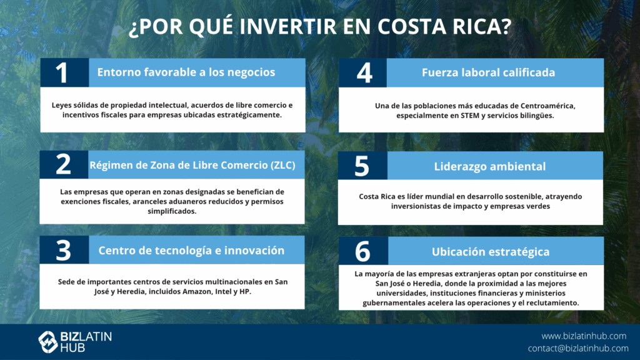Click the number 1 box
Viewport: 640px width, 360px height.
click(64, 72)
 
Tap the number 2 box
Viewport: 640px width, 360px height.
click(64, 164)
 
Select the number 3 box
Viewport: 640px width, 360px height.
click(64, 250)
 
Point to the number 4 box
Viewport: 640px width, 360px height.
click(363, 72)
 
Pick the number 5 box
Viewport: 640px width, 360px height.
click(362, 166)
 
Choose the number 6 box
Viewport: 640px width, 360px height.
click(363, 251)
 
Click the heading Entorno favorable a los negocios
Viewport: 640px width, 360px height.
click(186, 72)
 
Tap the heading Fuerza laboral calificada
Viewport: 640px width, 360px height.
click(488, 72)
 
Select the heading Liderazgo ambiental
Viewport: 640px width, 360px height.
click(490, 166)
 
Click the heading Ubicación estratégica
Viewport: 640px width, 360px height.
click(491, 252)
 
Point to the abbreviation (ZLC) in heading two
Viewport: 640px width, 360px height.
click(283, 165)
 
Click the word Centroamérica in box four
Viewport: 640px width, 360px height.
click(547, 106)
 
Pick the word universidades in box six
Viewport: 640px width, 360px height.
click(401, 293)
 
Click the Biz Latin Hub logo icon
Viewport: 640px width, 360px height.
click(47, 342)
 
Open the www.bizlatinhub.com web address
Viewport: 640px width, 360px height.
click(584, 336)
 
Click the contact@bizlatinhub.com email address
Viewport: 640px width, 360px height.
click(578, 348)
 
